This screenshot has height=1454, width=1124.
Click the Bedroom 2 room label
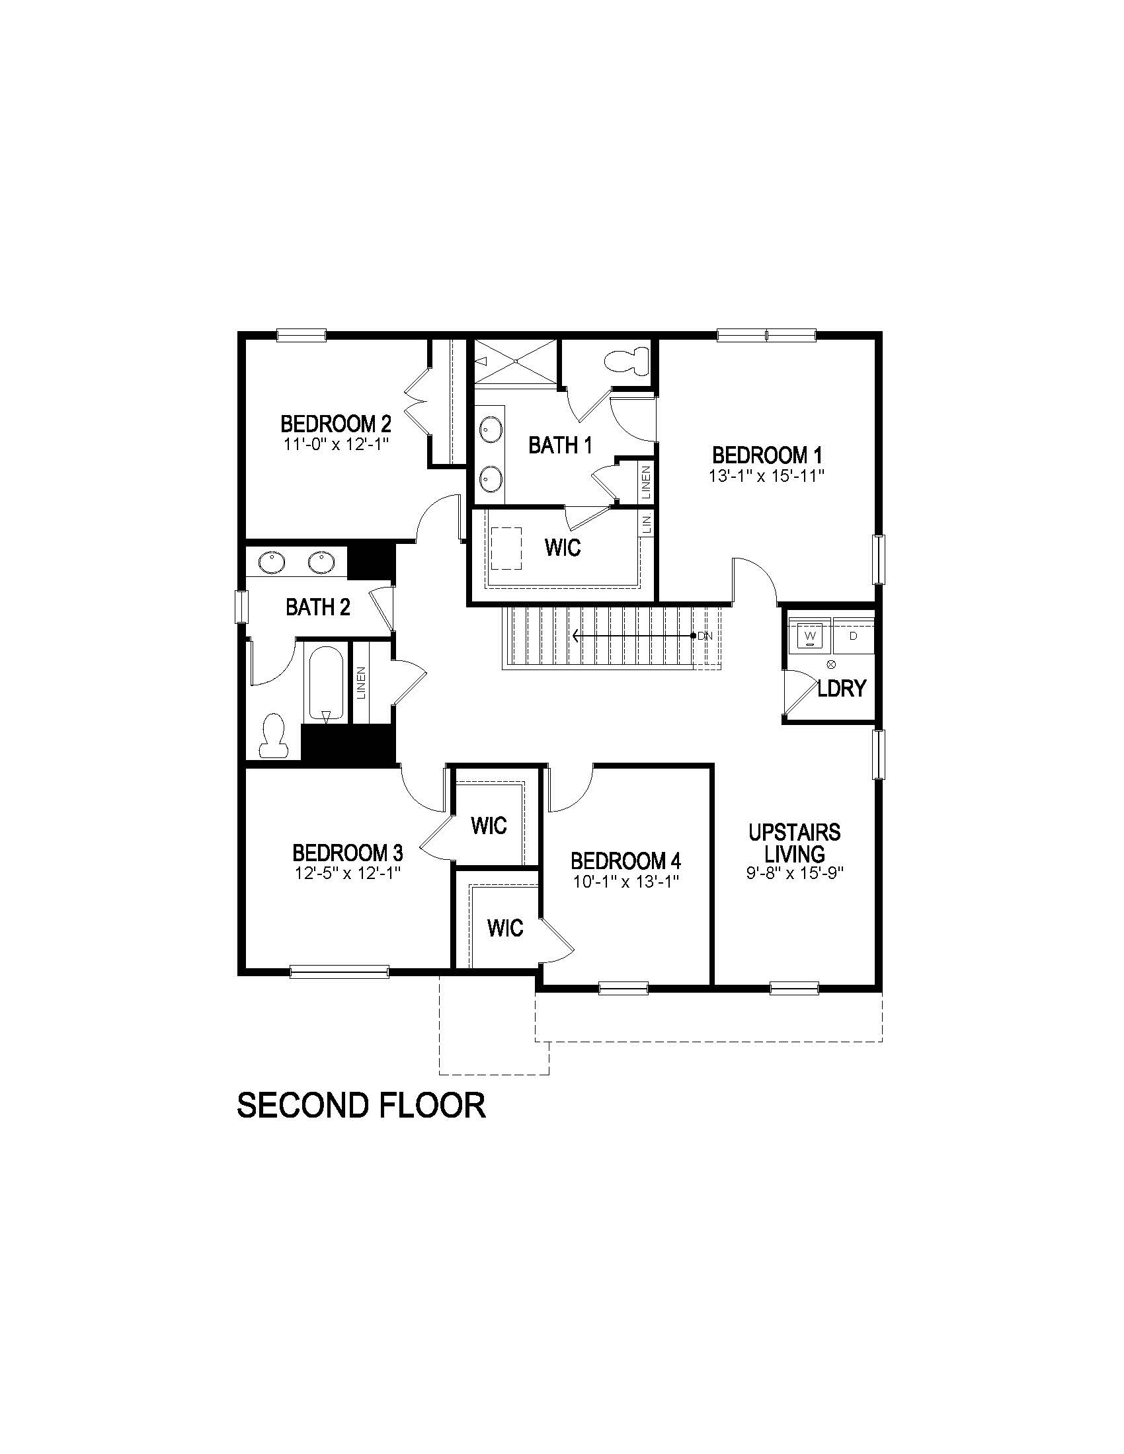coord(336,424)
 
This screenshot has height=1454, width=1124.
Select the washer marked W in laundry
coord(810,635)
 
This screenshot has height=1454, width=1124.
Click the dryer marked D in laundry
coord(853,635)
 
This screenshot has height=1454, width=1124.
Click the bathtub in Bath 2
coord(325,683)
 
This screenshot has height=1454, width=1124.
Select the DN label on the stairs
coord(705,636)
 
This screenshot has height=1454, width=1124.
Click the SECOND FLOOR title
coord(361,1105)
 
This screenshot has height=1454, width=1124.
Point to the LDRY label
coord(842,689)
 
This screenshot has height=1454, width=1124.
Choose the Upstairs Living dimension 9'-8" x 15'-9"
coord(795,873)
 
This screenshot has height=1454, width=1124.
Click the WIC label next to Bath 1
coord(563,548)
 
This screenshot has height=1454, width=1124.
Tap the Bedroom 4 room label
coord(626,861)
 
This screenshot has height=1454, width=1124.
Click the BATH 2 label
coord(317,607)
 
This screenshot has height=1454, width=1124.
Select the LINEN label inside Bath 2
coord(362,683)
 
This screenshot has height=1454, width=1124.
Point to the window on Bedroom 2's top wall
coord(301,335)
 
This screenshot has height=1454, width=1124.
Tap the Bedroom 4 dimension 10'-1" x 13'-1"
coord(626,882)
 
